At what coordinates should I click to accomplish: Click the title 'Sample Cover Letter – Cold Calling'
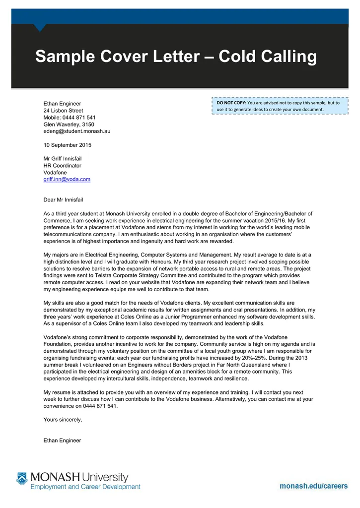[176, 57]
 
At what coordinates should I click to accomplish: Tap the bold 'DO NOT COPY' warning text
[231, 103]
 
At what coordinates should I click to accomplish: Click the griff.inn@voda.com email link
[67, 179]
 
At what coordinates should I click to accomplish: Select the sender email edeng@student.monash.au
[77, 131]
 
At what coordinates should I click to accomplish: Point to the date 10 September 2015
[68, 145]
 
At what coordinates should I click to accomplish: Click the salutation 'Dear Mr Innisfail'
[64, 199]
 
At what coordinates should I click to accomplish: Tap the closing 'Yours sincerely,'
[63, 419]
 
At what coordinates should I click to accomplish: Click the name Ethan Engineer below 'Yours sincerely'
[62, 440]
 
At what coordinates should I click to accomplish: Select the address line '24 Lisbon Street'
[64, 110]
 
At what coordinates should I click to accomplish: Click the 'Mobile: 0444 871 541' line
[70, 117]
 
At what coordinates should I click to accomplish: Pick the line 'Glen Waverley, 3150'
[69, 124]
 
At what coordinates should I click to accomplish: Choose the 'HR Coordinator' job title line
[63, 165]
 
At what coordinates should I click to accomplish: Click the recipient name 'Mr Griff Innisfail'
[63, 158]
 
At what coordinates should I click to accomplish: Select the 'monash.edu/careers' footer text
[313, 486]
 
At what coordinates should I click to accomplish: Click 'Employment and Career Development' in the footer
[85, 487]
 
